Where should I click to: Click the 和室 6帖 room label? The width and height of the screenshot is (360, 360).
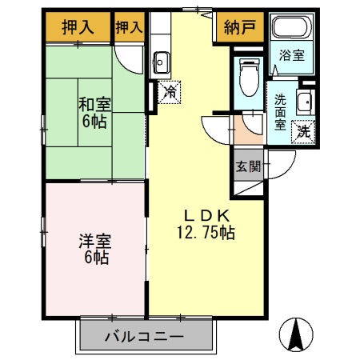click(94, 112)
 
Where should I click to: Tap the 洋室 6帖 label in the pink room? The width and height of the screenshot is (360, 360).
click(94, 248)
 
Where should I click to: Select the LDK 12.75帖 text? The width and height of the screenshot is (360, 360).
click(206, 224)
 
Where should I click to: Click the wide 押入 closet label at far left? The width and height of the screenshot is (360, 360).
click(78, 26)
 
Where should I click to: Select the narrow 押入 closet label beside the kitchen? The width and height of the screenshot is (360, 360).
click(129, 26)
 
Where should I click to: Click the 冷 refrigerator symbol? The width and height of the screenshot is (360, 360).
click(170, 92)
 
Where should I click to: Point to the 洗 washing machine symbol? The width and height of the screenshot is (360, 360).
click(303, 130)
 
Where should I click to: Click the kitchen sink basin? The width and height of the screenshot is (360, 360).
click(160, 60)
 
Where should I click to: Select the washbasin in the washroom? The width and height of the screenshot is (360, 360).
click(304, 101)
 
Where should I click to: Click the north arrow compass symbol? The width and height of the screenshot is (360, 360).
click(300, 334)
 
